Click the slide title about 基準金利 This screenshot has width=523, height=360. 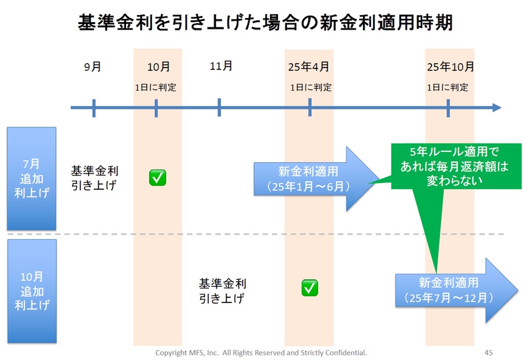(265, 23)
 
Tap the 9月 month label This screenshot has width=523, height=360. (92, 67)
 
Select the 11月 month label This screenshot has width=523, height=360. (221, 66)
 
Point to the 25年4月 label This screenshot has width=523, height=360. (309, 67)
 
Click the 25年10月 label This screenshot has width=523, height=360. (450, 67)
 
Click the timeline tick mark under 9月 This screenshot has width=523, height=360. (94, 108)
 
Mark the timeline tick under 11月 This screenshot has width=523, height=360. (219, 107)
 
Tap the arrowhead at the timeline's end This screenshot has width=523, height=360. (497, 108)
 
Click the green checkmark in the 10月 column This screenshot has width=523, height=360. (158, 178)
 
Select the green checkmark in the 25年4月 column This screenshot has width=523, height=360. (309, 288)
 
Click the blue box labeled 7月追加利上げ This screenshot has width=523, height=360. (31, 179)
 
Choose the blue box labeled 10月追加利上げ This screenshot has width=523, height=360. (32, 291)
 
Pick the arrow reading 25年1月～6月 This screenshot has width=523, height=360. (316, 179)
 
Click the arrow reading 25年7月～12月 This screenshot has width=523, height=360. (456, 290)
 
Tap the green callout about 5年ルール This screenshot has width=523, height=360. (456, 166)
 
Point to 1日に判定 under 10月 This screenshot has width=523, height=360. (156, 88)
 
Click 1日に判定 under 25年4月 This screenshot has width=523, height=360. (311, 88)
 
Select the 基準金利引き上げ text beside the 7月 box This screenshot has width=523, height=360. (95, 178)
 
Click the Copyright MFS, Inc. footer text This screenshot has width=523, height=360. (261, 353)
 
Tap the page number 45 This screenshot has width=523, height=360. (489, 353)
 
